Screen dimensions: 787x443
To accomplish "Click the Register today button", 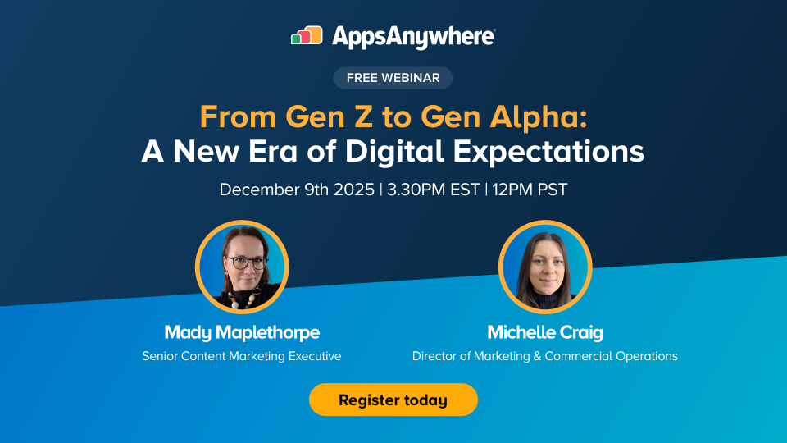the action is click(393, 400).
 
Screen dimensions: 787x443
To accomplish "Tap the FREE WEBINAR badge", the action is click(393, 78).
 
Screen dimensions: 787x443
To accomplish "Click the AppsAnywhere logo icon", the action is click(307, 35).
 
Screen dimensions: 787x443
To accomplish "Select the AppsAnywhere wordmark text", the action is click(413, 37).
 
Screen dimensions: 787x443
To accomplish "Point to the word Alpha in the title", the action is click(539, 117).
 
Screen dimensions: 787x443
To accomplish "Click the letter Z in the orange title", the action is click(363, 116).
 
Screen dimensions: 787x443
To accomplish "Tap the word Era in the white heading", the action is click(272, 152).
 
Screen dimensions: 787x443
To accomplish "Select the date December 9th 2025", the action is click(297, 190).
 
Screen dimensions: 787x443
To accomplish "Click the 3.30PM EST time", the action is click(433, 190).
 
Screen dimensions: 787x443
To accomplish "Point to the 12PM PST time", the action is click(530, 190).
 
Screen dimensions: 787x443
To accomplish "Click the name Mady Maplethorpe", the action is click(242, 332).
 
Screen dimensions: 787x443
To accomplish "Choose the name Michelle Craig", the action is click(545, 332).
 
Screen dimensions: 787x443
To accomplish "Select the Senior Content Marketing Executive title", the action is click(241, 356).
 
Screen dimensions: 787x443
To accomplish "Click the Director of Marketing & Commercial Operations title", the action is click(544, 356).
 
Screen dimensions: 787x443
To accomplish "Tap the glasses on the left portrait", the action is click(247, 263).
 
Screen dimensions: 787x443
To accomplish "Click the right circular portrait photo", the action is click(545, 267).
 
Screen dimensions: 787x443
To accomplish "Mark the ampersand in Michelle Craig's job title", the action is click(537, 356).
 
